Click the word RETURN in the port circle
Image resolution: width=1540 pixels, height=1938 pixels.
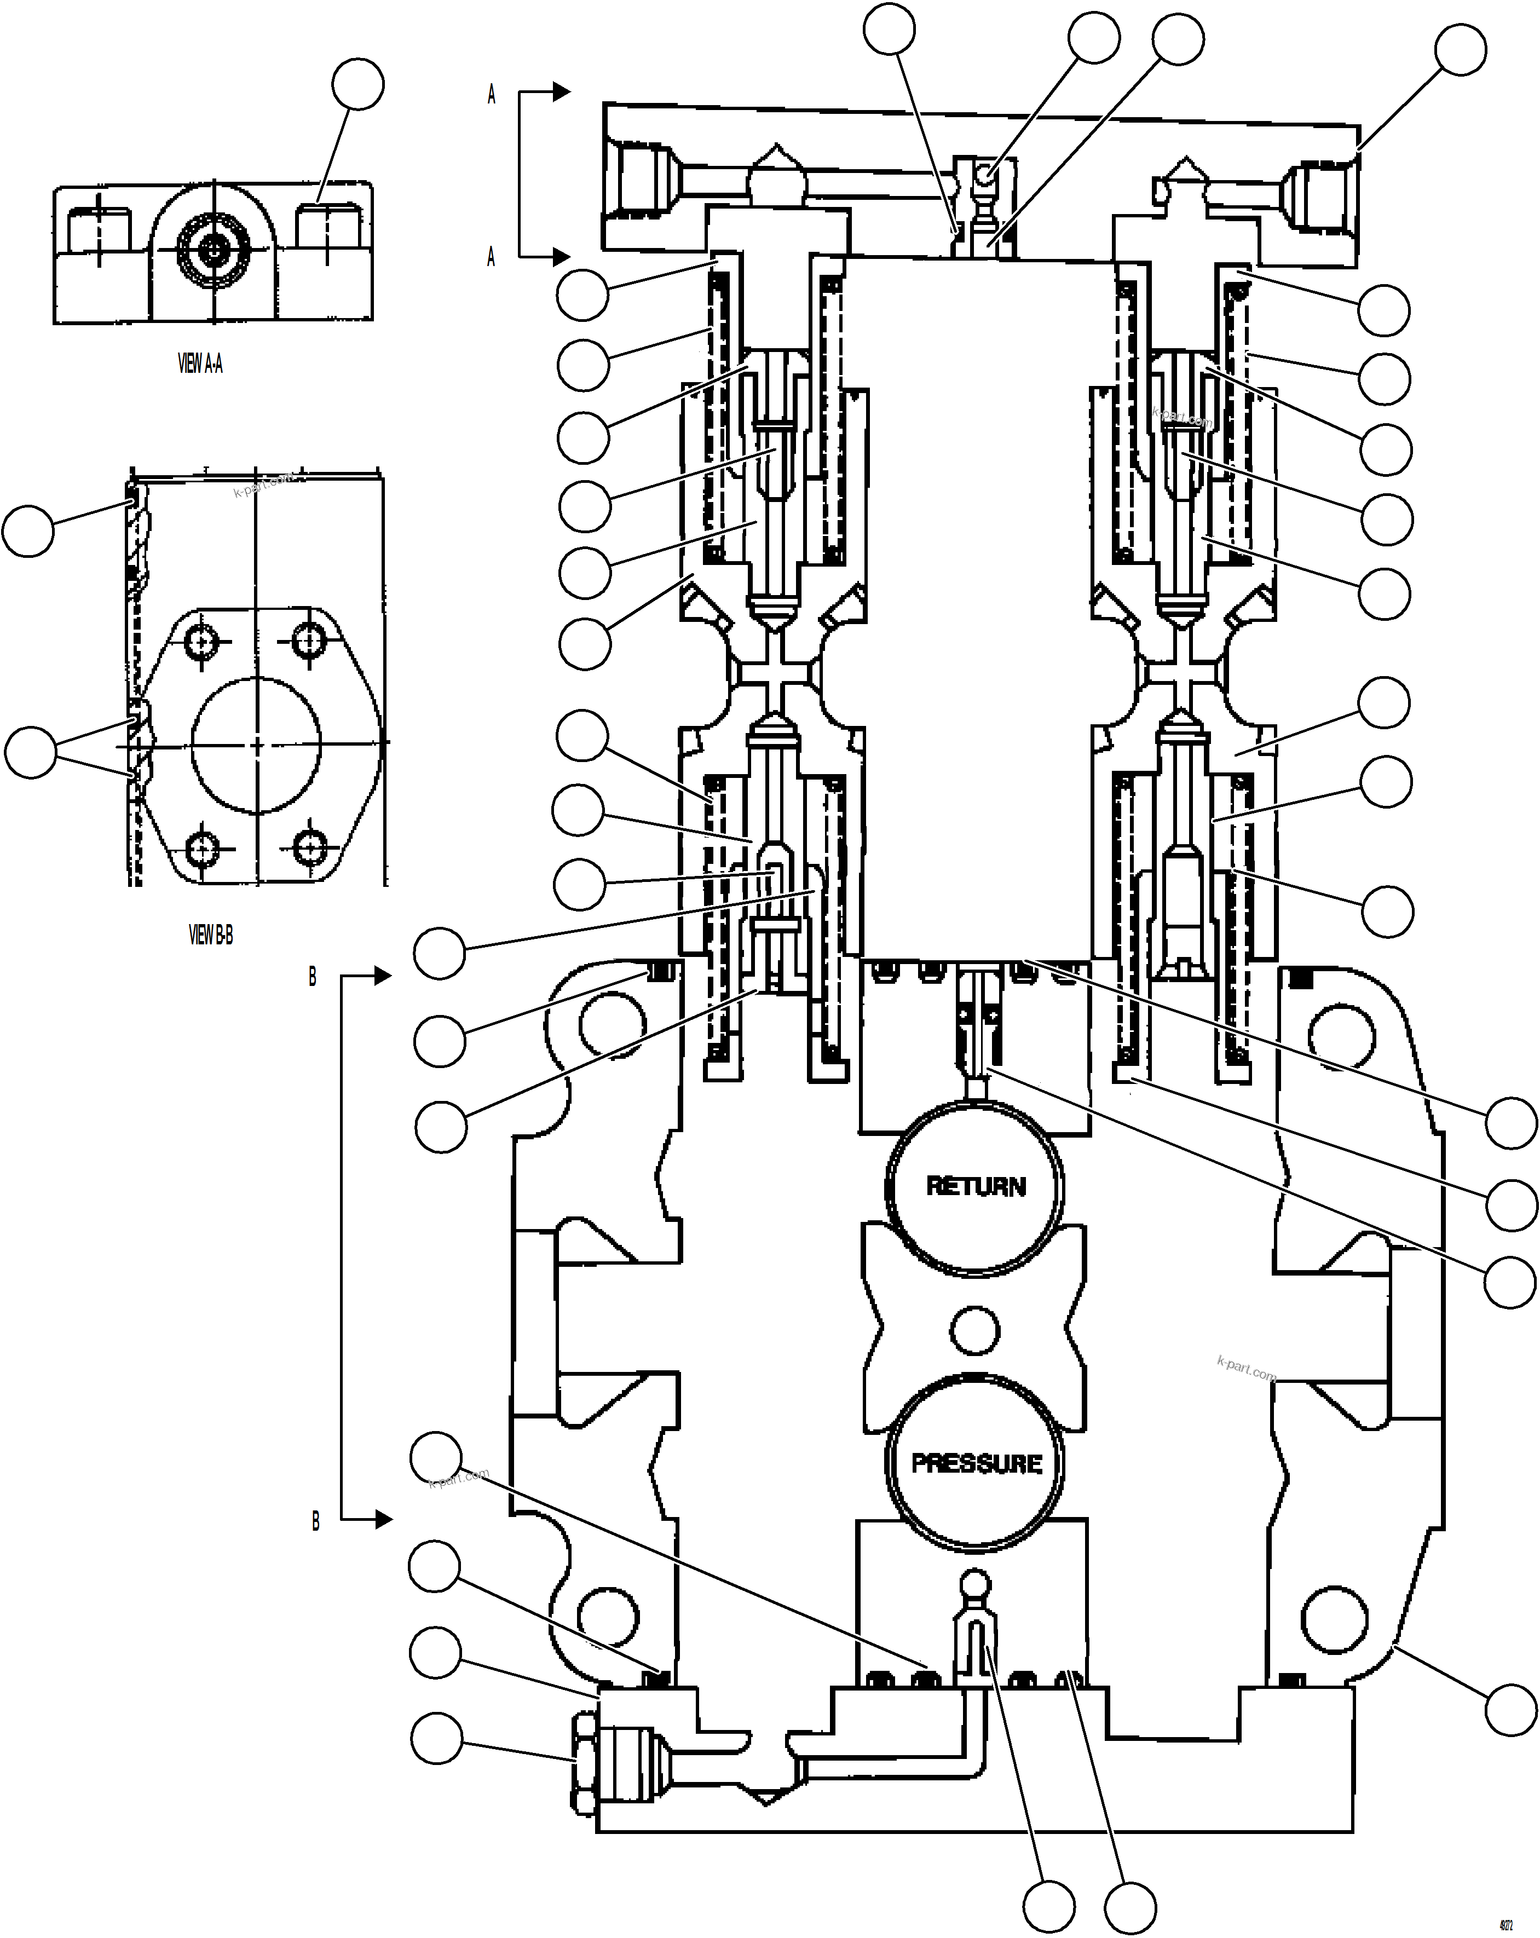coord(976,1186)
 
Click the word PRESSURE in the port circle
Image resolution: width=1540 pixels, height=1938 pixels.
coord(976,1463)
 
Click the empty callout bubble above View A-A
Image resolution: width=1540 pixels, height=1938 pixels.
coord(358,84)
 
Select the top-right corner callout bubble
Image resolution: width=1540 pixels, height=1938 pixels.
coord(1460,50)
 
